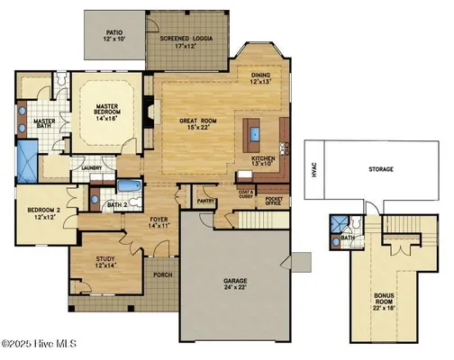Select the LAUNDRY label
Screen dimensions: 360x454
[x=88, y=167]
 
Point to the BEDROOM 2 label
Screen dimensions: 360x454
[x=41, y=211]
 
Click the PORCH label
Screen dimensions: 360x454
[x=163, y=274]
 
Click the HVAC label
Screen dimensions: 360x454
[x=314, y=169]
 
